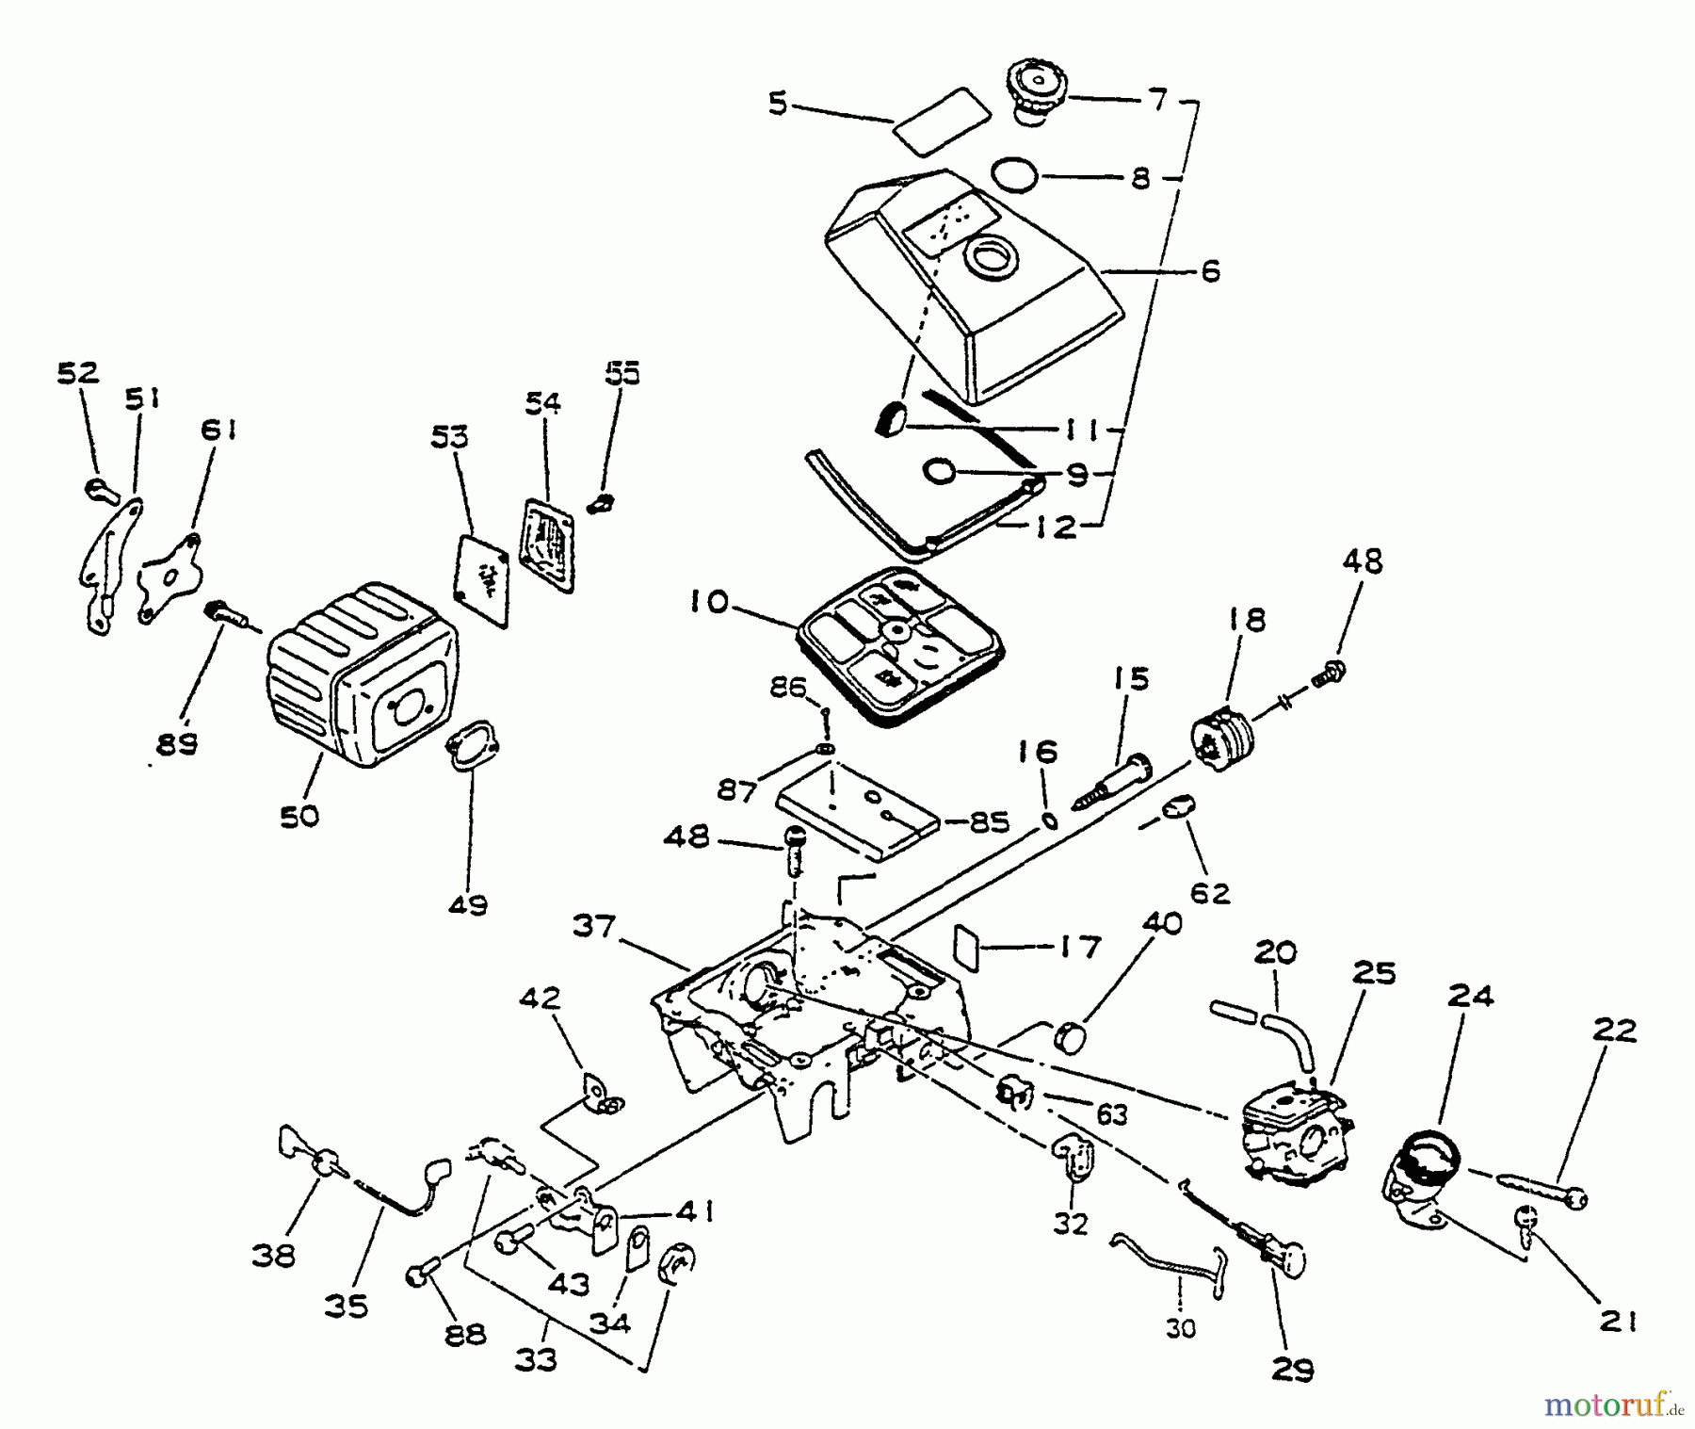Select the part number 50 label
click(299, 816)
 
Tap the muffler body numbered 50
click(363, 674)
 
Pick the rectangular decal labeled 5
click(940, 117)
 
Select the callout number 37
click(593, 927)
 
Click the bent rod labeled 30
click(1168, 1266)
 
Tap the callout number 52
click(78, 373)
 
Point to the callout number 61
click(218, 431)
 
